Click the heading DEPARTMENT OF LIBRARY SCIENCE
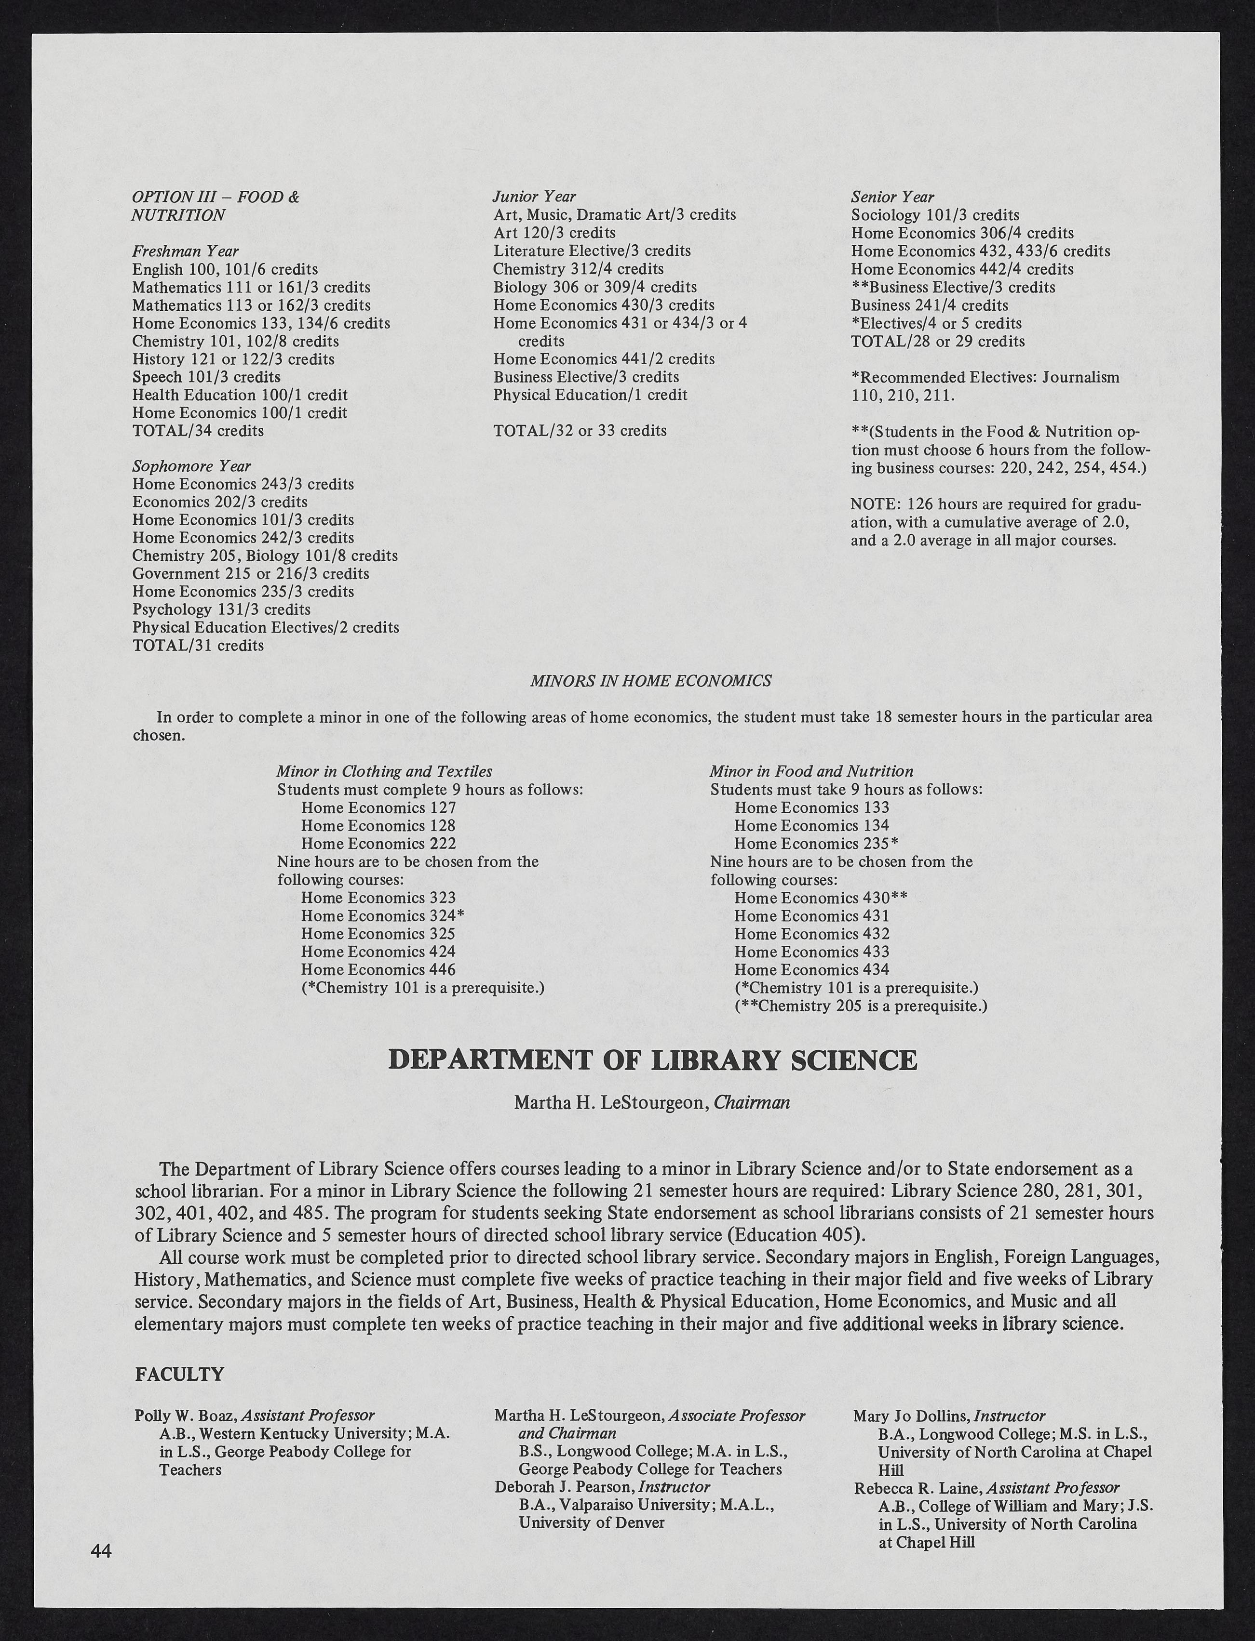coord(653,1060)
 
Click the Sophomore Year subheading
coord(191,466)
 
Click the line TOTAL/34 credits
coord(198,431)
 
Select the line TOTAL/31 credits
coord(198,645)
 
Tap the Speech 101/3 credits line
coord(206,377)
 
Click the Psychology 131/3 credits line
coord(221,609)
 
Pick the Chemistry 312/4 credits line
coord(578,269)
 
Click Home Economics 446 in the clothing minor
coord(378,970)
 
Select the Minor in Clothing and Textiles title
coord(384,771)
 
